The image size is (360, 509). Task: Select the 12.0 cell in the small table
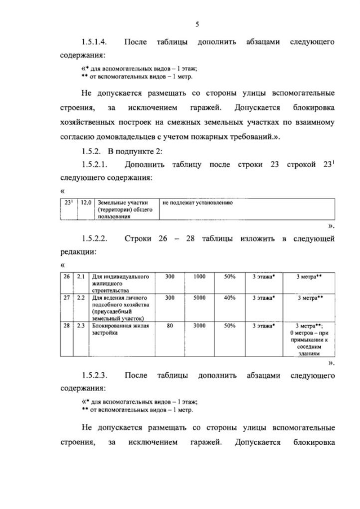[x=86, y=202]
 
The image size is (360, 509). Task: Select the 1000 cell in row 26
[x=199, y=277]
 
